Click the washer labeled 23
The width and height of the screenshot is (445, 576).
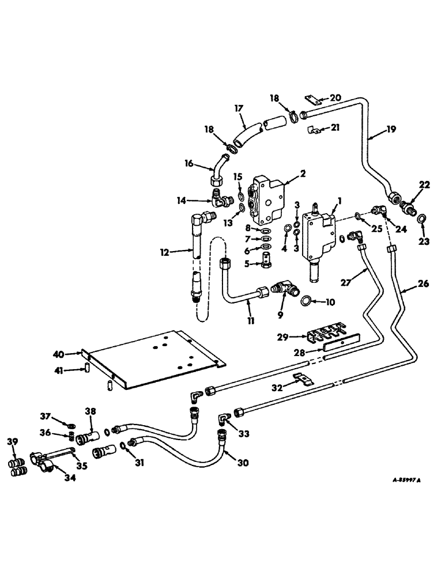coord(423,218)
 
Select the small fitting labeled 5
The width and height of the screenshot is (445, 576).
coord(267,255)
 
